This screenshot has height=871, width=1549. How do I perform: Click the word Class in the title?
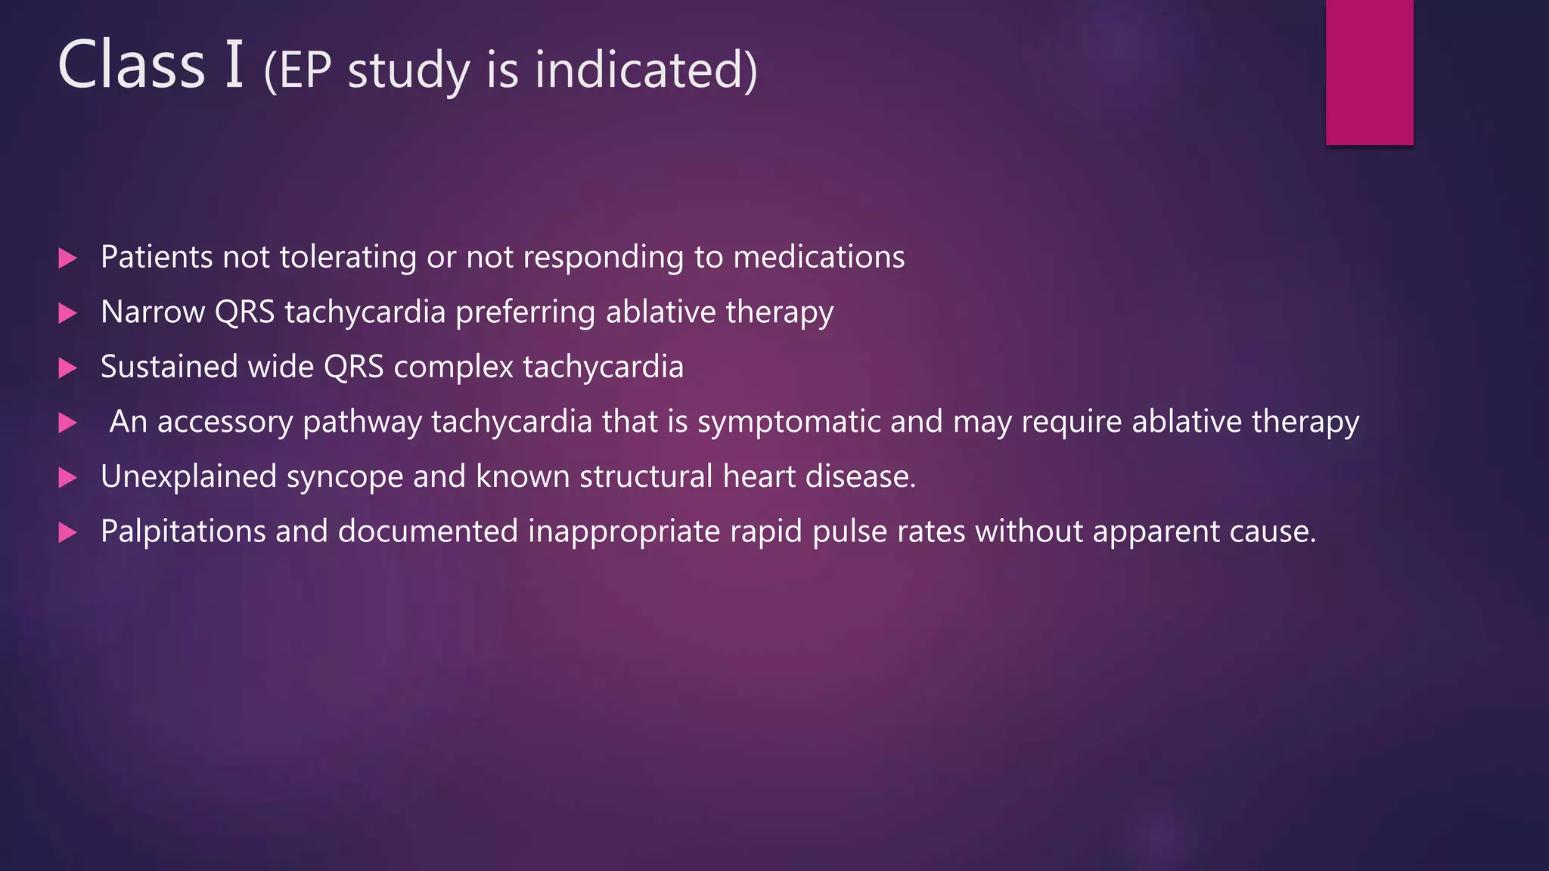[131, 65]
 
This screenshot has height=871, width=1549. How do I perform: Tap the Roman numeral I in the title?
[234, 65]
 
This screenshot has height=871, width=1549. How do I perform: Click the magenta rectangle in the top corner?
[1369, 72]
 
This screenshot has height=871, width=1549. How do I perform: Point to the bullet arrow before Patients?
[68, 259]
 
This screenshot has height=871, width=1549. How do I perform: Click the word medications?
[818, 257]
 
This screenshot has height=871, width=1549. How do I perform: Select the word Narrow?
[152, 312]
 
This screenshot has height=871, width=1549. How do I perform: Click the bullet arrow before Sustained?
[68, 368]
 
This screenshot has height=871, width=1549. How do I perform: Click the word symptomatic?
[789, 423]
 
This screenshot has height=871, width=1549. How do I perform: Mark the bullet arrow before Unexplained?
[68, 478]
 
